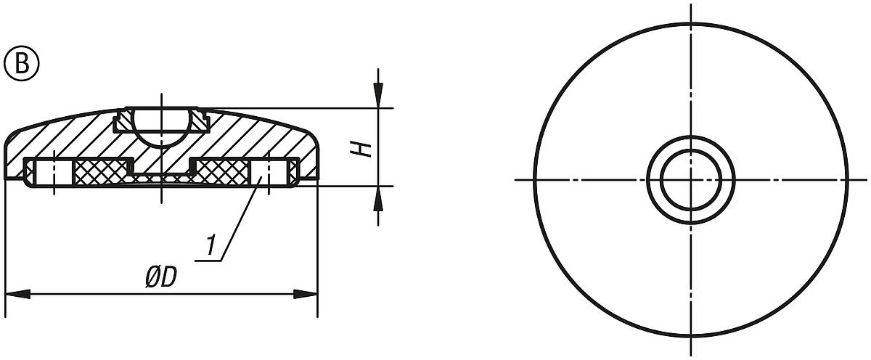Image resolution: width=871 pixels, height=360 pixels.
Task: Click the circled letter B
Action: click(x=23, y=64)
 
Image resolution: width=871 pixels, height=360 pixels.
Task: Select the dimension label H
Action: click(x=365, y=149)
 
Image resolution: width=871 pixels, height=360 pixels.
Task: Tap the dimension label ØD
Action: click(x=162, y=278)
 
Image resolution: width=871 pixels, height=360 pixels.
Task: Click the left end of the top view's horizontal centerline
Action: click(x=517, y=179)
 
